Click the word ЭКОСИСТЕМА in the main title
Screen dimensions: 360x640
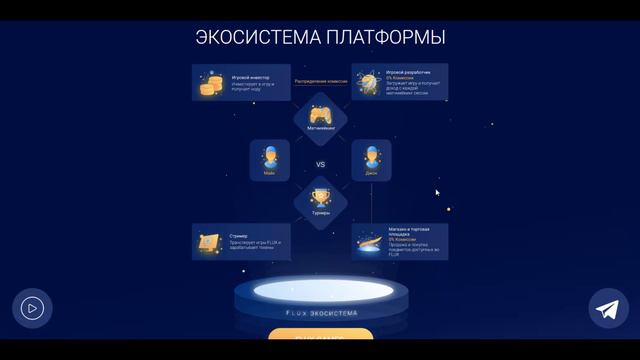[256, 38]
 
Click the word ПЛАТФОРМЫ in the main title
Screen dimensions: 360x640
[385, 38]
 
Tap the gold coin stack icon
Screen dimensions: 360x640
[210, 84]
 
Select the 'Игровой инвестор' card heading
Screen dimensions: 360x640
[251, 75]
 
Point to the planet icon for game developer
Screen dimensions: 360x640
[369, 83]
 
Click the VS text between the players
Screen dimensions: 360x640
[320, 164]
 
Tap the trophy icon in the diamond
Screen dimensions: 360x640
[320, 197]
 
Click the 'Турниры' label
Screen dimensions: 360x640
[320, 214]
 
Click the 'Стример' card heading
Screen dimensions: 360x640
[239, 236]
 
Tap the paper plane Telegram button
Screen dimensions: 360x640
[608, 309]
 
